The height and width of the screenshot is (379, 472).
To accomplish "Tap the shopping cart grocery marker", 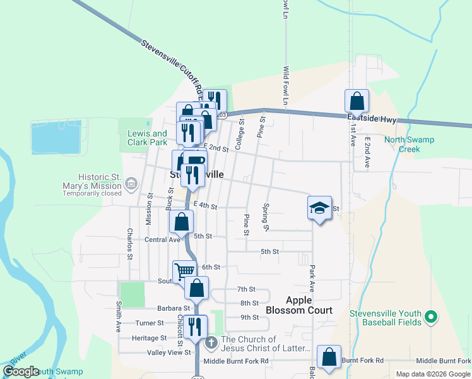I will [184, 271].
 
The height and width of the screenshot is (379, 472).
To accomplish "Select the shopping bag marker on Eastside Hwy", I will [357, 100].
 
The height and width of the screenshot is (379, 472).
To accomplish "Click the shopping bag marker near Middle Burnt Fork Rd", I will [329, 357].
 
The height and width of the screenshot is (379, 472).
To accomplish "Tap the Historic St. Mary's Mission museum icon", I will [131, 184].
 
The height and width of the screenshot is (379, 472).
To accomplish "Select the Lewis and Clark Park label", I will [147, 138].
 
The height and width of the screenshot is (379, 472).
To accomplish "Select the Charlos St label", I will [129, 244].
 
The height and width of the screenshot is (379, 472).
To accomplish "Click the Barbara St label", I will [174, 309].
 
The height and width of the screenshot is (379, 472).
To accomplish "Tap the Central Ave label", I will [162, 239].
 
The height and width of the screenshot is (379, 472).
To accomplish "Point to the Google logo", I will [21, 371].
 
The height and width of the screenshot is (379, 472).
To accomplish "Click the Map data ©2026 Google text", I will [432, 374].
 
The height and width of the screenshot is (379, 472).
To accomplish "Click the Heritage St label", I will [149, 338].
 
